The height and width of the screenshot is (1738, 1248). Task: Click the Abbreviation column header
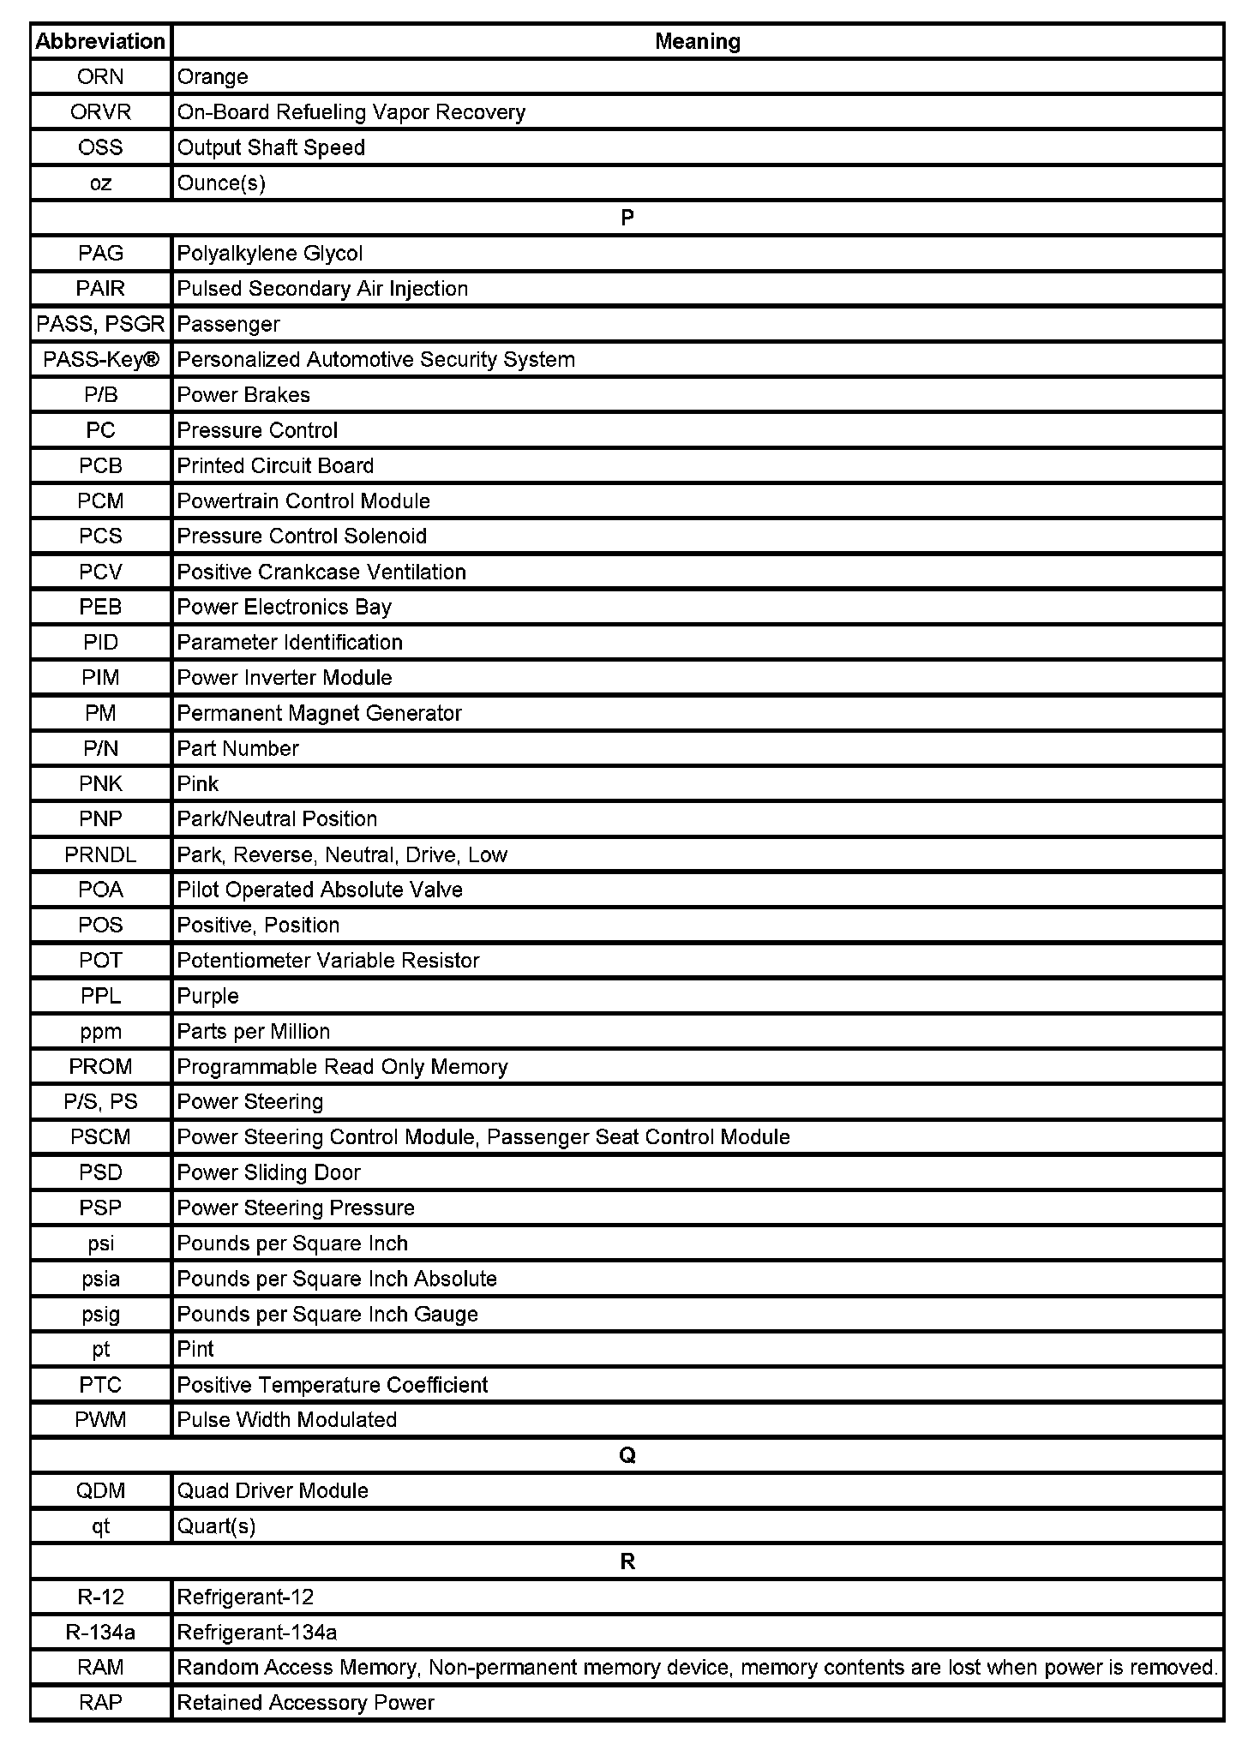[100, 41]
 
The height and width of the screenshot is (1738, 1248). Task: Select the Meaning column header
[697, 41]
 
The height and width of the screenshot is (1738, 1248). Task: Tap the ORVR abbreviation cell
[100, 112]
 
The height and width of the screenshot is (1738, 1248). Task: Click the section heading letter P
[627, 218]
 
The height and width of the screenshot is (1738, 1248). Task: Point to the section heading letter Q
[627, 1455]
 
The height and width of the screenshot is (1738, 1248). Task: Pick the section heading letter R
[627, 1561]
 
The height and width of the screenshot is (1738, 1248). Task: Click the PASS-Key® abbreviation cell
[100, 359]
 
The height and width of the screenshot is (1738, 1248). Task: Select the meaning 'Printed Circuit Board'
[275, 465]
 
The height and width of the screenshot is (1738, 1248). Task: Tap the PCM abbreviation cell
[100, 500]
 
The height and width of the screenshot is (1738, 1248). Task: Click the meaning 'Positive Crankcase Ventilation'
[321, 572]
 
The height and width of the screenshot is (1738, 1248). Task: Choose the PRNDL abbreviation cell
[100, 854]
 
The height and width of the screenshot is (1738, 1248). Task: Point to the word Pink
[198, 783]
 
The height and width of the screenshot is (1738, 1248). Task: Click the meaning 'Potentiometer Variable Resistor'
[328, 960]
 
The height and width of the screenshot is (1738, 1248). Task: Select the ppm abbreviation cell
[100, 1031]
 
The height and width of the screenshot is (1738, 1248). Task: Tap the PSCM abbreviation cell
[100, 1137]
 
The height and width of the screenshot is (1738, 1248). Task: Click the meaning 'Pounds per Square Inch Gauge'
[327, 1314]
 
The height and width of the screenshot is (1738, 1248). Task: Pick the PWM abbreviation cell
[100, 1419]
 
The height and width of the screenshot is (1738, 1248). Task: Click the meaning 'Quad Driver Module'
[273, 1490]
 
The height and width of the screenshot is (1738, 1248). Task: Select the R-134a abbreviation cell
[100, 1632]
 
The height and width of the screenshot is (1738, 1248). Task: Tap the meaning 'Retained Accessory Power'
[305, 1702]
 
